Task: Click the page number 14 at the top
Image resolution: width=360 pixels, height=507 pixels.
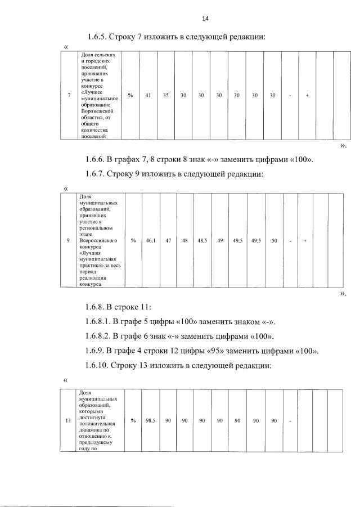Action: coord(205,19)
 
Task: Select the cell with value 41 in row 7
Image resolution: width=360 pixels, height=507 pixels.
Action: coord(148,96)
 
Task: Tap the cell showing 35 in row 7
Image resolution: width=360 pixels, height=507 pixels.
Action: coord(166,96)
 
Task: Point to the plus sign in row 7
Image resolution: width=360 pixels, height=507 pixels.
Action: coord(307,96)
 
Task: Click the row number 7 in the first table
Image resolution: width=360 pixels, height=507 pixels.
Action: coord(69,96)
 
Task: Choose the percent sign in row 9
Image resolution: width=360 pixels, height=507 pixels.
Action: coord(133,241)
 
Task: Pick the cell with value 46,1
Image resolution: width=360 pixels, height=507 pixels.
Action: coord(151,241)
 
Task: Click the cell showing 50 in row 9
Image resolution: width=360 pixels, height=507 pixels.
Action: coord(274,241)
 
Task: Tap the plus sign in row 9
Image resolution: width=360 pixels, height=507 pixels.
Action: coord(305,241)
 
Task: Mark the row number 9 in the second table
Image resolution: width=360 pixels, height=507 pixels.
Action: coord(68,241)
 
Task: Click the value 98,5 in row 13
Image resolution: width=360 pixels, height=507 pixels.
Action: coord(151,420)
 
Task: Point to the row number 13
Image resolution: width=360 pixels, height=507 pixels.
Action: coord(68,420)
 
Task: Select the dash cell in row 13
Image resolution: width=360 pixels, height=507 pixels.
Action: coord(290,420)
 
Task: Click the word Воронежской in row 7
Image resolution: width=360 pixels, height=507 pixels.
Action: coord(93,112)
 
